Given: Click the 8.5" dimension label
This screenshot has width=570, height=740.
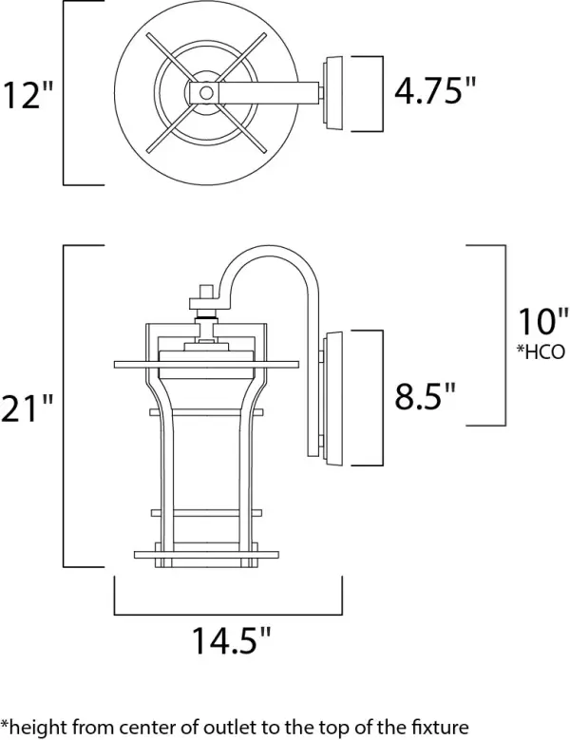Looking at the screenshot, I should pyautogui.click(x=425, y=394).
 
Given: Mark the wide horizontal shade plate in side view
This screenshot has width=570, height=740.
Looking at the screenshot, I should pyautogui.click(x=209, y=364).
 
